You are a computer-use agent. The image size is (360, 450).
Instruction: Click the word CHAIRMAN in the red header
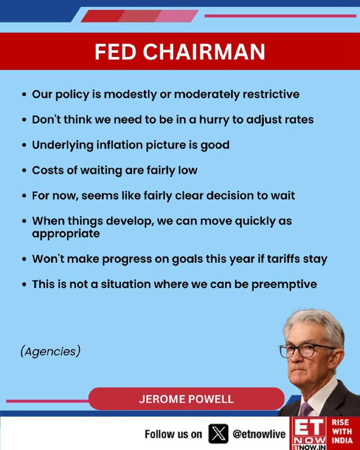[204, 52]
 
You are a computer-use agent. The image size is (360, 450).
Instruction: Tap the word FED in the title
[115, 52]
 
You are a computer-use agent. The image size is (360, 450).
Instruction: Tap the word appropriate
[66, 234]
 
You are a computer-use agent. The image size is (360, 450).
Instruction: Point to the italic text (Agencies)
[51, 352]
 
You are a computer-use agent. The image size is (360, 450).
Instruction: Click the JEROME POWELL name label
[186, 399]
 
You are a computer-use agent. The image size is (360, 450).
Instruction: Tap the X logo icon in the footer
[218, 434]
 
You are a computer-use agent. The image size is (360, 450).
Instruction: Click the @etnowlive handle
[259, 434]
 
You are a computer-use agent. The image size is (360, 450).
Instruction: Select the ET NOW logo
[309, 433]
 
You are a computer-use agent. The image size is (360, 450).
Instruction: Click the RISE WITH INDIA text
[342, 431]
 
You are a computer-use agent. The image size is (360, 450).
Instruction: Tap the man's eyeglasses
[306, 350]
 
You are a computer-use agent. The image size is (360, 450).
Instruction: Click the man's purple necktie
[305, 409]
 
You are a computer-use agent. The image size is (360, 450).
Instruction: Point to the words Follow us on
[173, 434]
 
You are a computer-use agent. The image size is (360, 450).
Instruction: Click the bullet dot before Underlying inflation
[24, 145]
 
